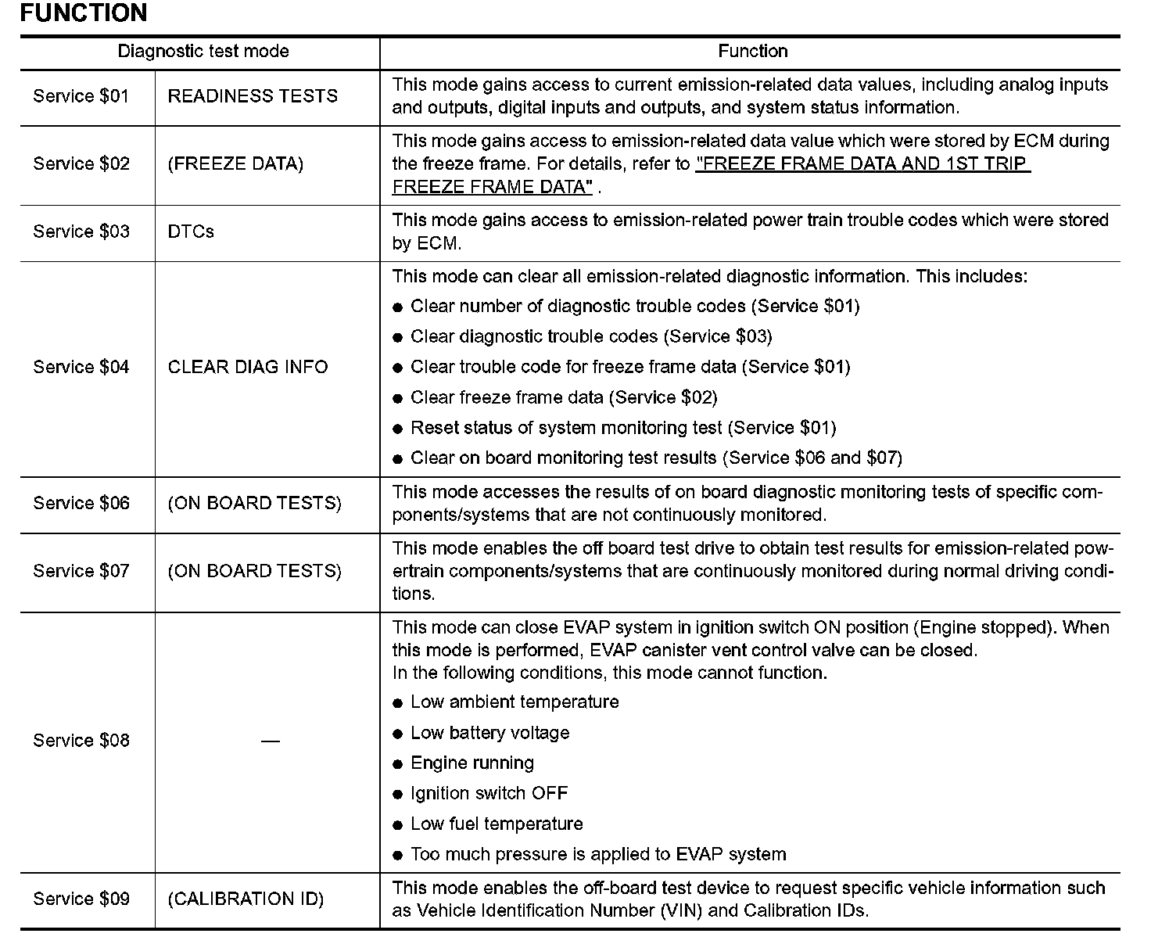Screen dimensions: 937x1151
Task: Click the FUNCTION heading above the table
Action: click(83, 13)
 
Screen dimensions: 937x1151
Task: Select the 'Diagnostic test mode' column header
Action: click(203, 52)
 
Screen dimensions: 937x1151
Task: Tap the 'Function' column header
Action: click(752, 52)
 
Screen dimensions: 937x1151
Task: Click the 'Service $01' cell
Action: click(81, 96)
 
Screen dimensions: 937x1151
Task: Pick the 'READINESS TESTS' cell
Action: click(253, 96)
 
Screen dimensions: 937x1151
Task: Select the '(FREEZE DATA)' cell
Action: click(235, 164)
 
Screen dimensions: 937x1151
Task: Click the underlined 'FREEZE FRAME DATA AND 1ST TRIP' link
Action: click(862, 164)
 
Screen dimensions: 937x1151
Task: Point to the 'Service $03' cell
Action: click(81, 232)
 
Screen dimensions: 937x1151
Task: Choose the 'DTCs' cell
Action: click(191, 232)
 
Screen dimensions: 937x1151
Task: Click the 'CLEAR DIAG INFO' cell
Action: click(248, 367)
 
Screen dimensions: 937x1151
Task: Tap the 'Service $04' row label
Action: click(81, 367)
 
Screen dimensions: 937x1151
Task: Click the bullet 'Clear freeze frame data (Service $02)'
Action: click(563, 397)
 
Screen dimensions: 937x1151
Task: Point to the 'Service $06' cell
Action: click(81, 503)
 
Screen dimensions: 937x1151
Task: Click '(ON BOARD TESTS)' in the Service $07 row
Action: click(255, 571)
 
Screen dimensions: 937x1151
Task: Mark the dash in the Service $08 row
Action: click(270, 741)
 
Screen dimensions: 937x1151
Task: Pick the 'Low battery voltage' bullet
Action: click(489, 733)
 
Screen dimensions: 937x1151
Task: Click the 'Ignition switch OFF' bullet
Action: click(489, 794)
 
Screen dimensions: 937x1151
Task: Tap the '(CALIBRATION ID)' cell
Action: click(246, 899)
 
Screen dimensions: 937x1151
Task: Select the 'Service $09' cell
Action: click(81, 899)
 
